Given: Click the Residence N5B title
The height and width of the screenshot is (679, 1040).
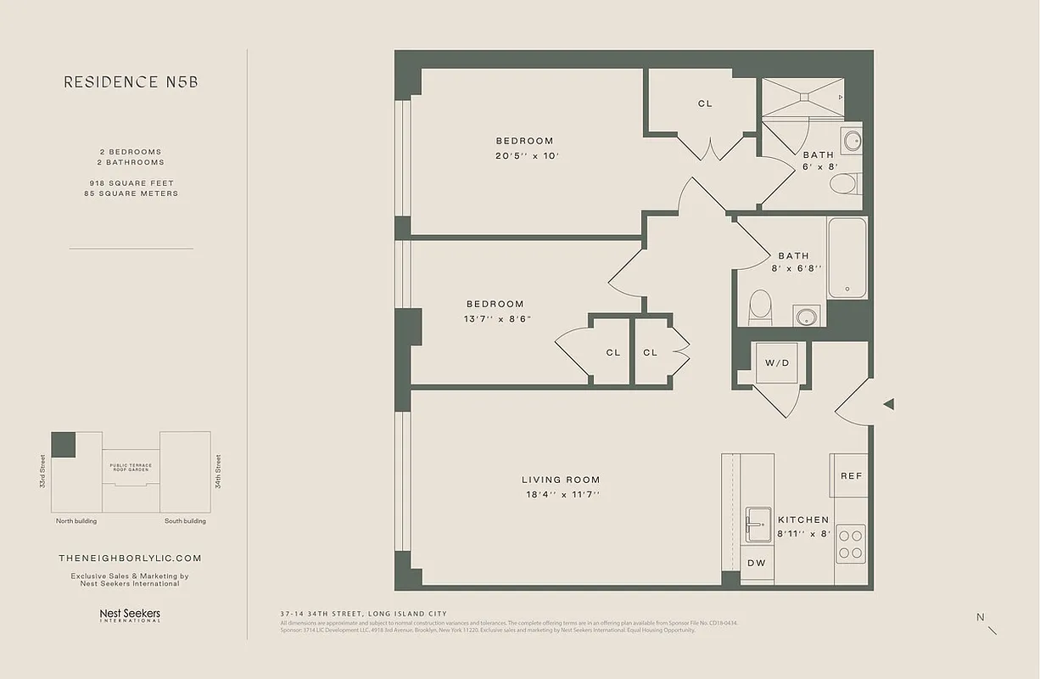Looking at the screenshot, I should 131,82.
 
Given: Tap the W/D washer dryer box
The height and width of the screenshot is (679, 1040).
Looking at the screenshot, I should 777,363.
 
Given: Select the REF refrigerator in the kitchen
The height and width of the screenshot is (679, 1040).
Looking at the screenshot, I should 850,476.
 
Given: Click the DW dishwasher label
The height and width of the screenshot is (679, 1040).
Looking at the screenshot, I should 757,563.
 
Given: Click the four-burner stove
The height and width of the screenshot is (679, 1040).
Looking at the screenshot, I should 851,543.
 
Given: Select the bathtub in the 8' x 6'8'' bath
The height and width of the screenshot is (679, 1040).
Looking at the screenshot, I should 847,257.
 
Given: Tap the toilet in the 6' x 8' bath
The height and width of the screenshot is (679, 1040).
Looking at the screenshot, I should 845,184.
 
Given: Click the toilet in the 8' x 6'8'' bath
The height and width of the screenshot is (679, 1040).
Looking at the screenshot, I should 760,306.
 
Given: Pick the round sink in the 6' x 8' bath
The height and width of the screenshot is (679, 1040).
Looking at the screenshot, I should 852,141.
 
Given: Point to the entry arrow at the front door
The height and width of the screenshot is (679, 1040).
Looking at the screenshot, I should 888,405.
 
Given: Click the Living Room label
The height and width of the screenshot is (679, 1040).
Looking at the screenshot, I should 561,480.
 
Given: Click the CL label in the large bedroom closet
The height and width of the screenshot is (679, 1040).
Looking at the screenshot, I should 705,104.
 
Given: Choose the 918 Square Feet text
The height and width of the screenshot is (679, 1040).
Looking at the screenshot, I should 131,183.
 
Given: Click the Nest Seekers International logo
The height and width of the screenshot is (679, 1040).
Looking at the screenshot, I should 130,615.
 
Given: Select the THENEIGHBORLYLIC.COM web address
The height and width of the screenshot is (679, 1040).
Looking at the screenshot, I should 130,558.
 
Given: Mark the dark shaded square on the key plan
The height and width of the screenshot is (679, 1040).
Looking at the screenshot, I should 64,445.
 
